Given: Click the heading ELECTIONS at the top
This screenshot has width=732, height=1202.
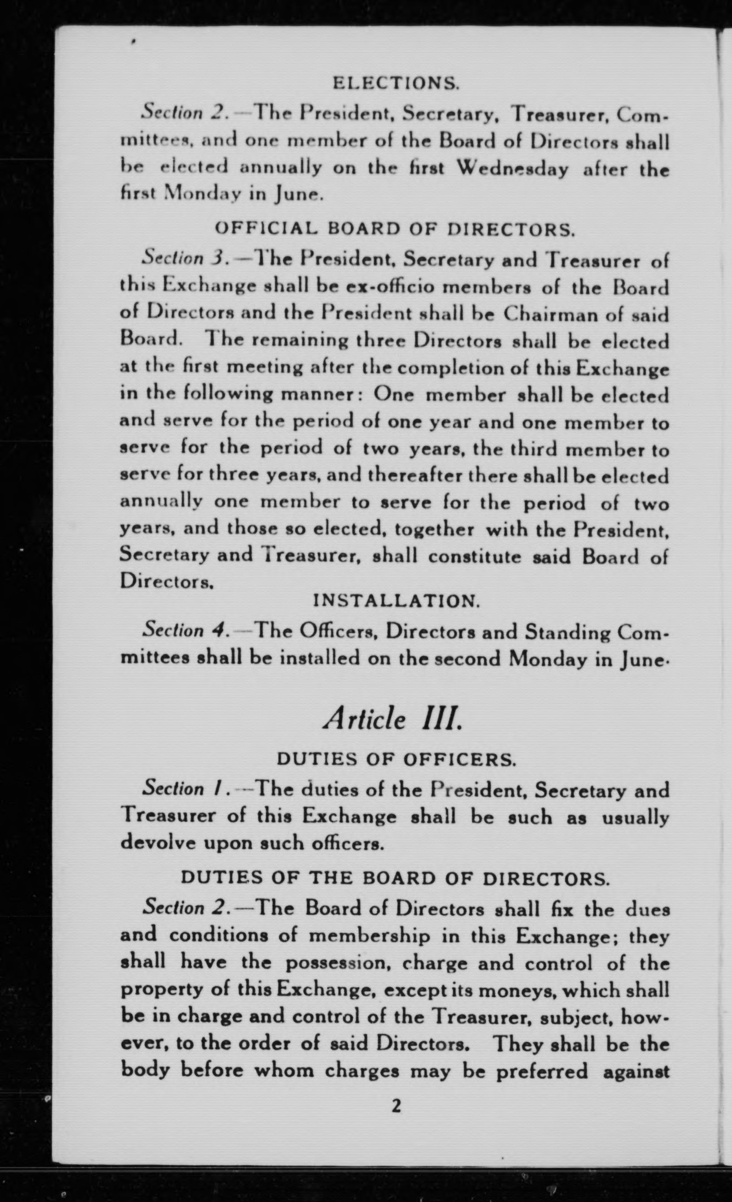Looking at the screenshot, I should point(396,85).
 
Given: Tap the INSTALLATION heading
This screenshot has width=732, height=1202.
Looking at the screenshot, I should point(396,601).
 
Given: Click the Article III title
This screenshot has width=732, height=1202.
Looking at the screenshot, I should point(392,719).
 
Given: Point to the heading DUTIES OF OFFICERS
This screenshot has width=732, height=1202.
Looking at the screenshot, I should point(396,760).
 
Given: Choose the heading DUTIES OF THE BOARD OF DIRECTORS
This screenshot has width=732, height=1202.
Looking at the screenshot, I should point(395,878).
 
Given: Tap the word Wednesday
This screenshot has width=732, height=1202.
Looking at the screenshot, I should point(513,169).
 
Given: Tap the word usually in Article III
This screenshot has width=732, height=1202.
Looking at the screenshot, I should point(635,816).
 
